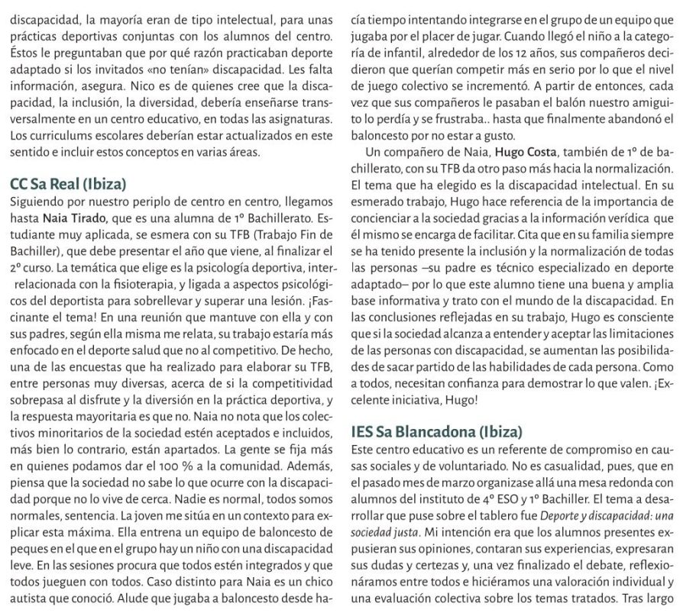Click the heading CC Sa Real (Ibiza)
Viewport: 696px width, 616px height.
(x=68, y=185)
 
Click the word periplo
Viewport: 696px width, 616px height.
(x=133, y=202)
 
